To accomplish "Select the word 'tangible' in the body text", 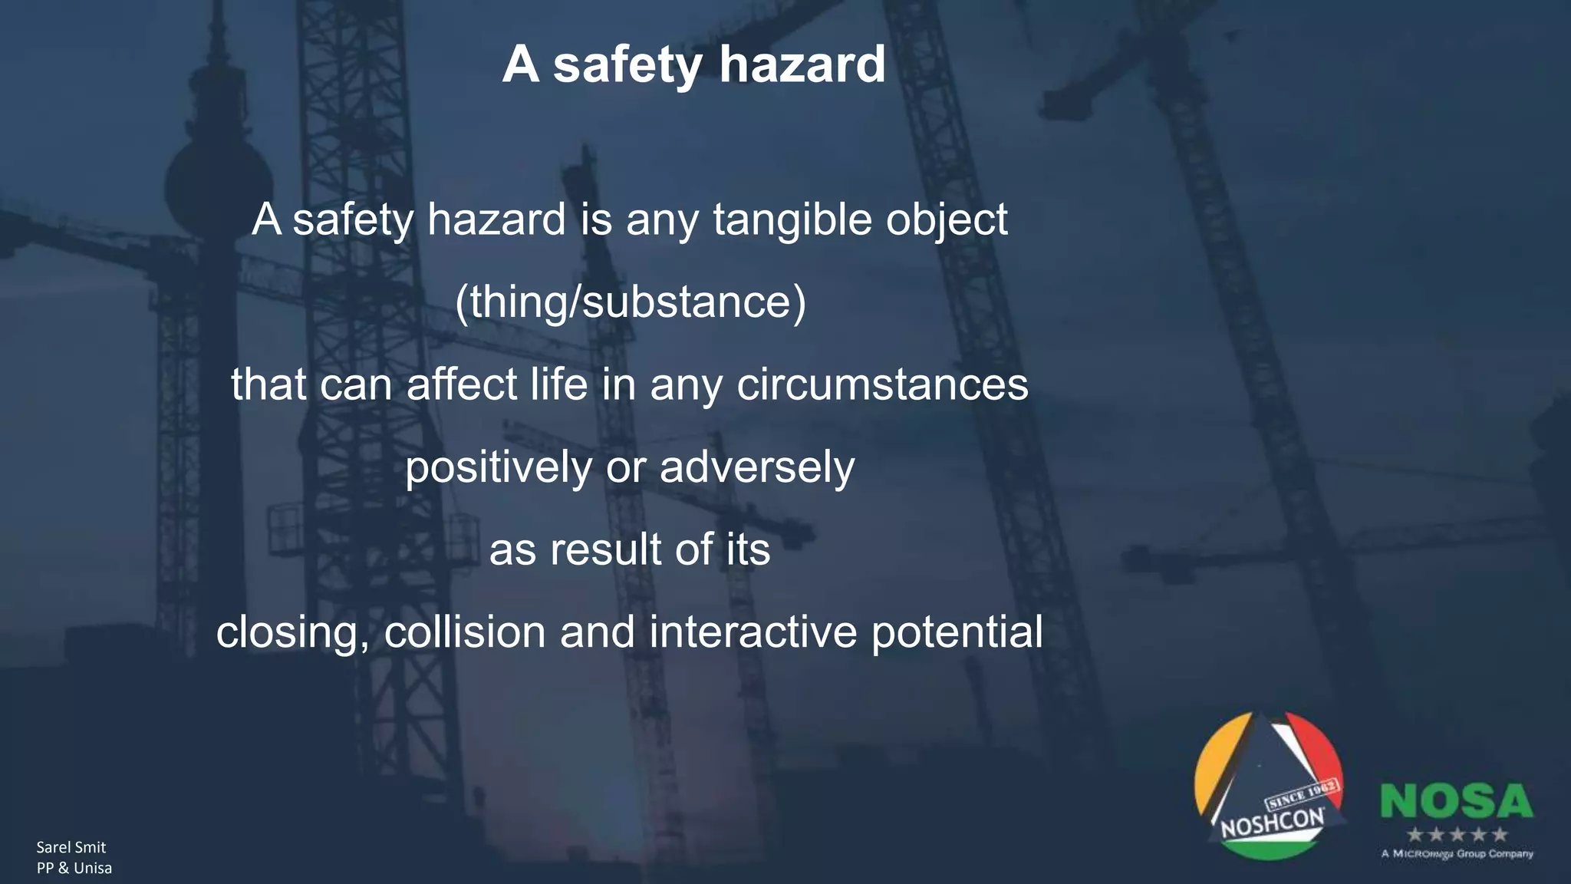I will tap(792, 220).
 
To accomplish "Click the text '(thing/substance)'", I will tap(630, 302).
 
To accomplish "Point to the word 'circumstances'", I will tap(882, 384).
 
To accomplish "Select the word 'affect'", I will tap(462, 384).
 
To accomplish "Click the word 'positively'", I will tap(499, 467).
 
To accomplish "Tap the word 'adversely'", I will tap(757, 467).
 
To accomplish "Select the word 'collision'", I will tap(465, 632).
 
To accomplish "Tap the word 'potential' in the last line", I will tap(957, 632).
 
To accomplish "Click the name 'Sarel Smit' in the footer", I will tap(71, 847).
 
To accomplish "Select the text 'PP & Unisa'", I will tap(74, 868).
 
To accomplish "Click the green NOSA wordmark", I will tap(1456, 802).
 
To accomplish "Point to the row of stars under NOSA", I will tap(1457, 834).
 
